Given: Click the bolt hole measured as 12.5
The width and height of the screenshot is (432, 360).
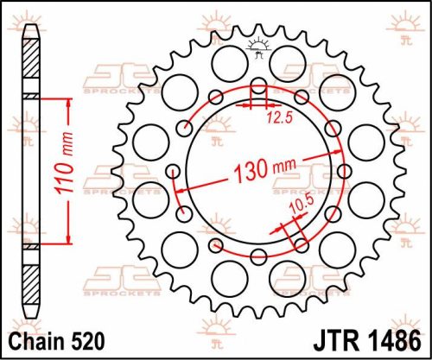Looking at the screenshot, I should [x=258, y=89].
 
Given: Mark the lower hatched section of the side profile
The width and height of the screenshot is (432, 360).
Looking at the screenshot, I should [x=31, y=283].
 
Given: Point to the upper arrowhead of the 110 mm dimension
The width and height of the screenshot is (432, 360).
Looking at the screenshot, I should [x=64, y=102].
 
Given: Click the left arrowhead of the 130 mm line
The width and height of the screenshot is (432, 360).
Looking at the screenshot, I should [x=179, y=187].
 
